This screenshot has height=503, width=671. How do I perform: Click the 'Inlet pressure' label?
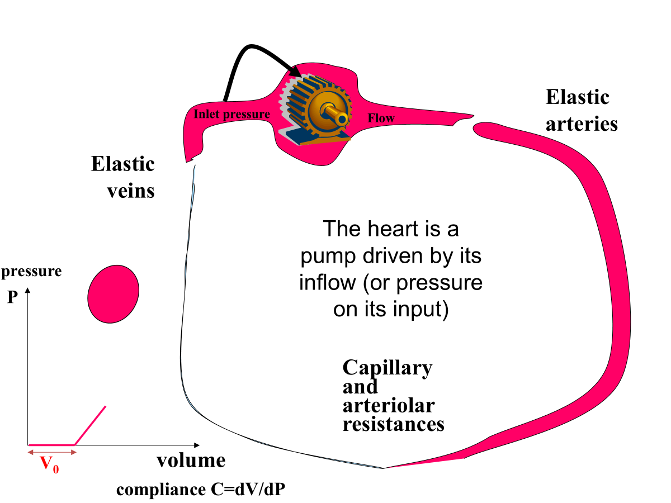(231, 115)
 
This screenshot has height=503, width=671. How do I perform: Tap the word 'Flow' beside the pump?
(381, 118)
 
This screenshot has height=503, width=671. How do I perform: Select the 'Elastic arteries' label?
(582, 110)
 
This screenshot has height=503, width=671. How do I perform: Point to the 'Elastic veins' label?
(123, 177)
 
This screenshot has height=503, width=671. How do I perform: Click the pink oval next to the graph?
(114, 294)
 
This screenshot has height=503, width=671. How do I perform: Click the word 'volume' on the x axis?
(191, 461)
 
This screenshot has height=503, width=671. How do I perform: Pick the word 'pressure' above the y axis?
(32, 272)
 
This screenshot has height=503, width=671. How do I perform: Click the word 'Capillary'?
(387, 368)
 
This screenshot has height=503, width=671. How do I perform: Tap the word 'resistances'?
(393, 424)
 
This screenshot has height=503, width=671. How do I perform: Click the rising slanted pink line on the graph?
(90, 425)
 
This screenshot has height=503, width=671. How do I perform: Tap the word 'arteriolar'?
(388, 405)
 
